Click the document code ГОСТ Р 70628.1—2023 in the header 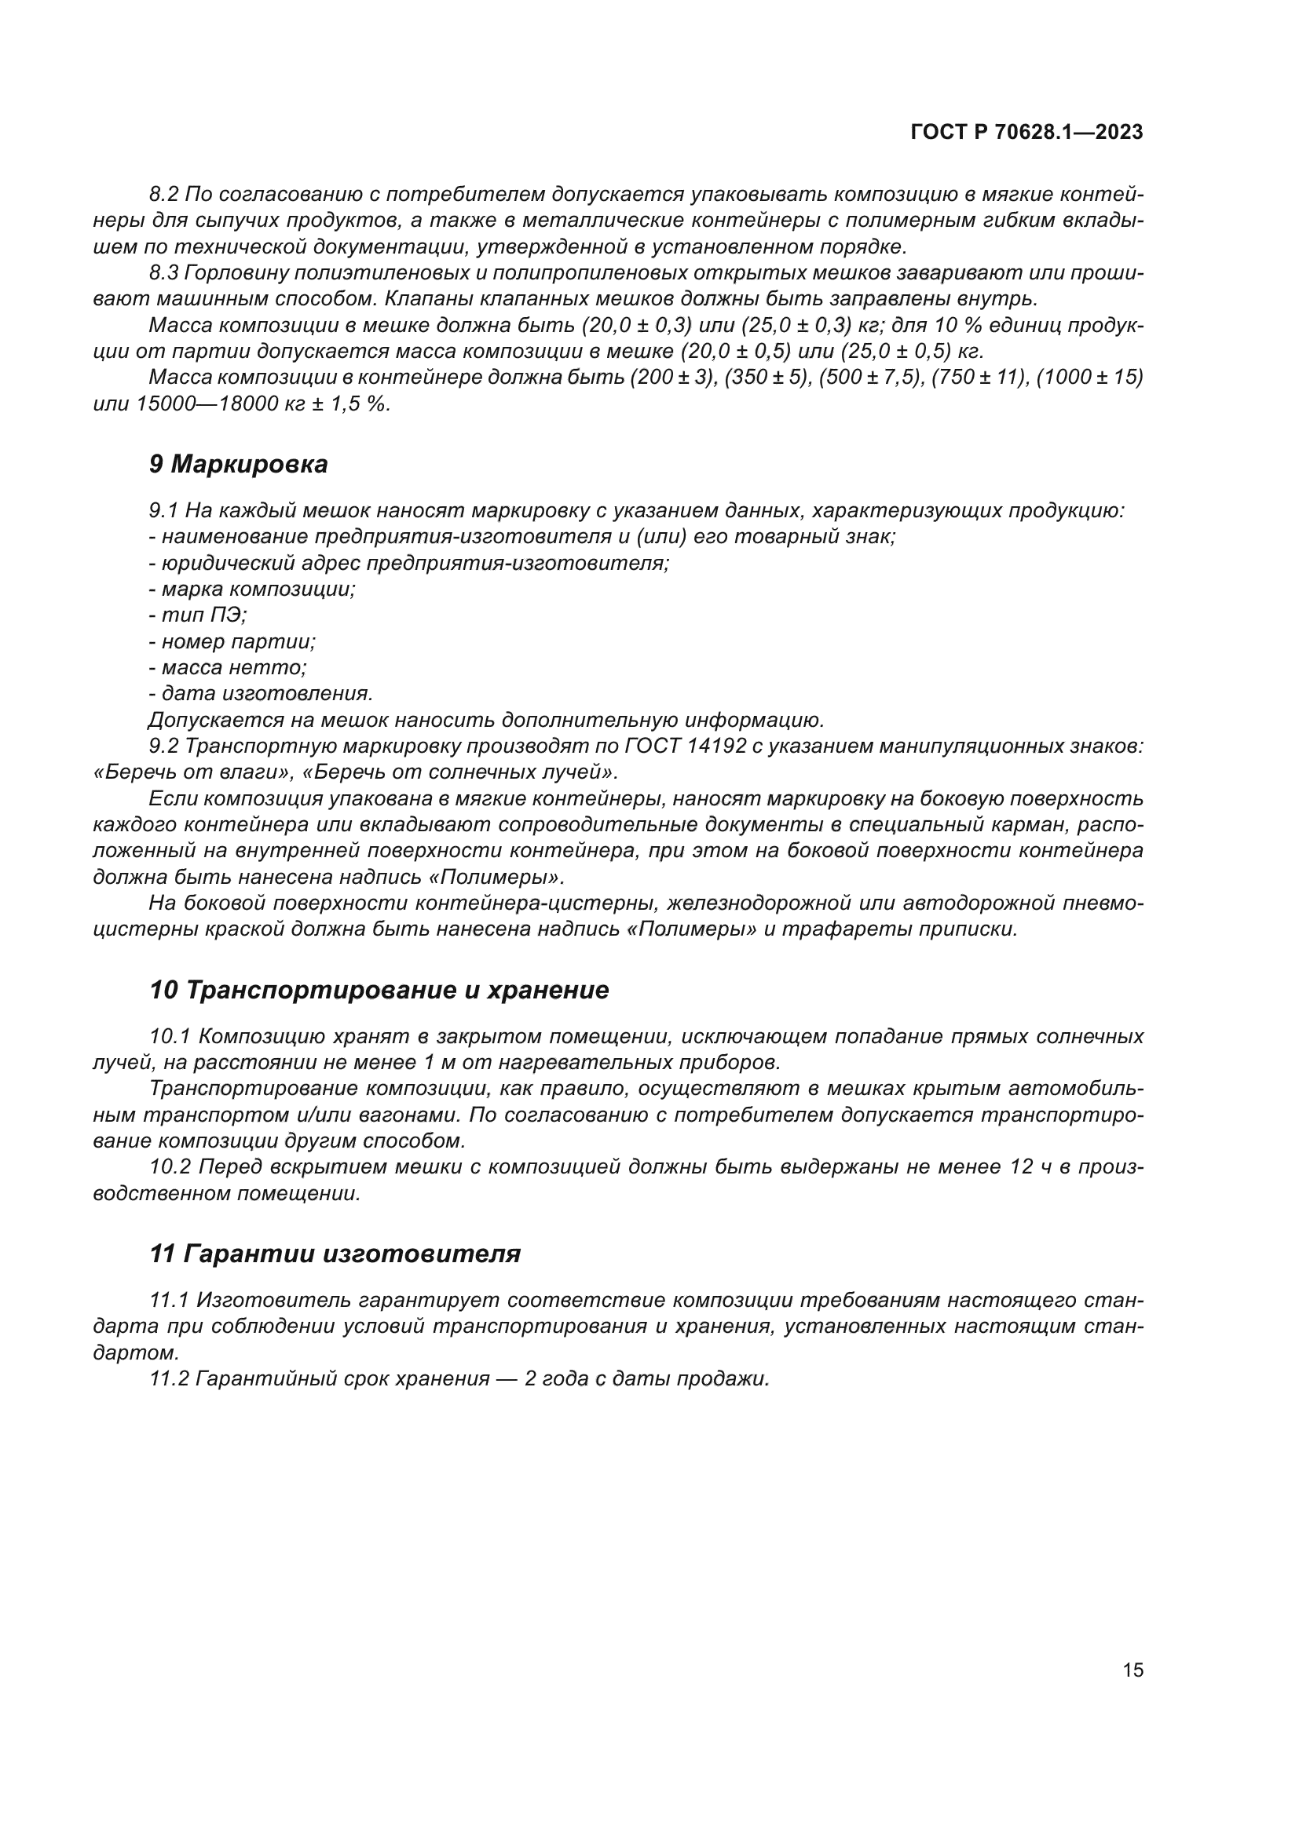tap(1026, 133)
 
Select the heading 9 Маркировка tap(239, 465)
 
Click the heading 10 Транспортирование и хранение tap(379, 990)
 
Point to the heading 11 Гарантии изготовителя tap(335, 1253)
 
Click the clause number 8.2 tap(164, 195)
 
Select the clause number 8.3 tap(164, 272)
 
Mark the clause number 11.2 tap(169, 1378)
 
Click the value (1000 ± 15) tap(1089, 378)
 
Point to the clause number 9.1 tap(164, 511)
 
